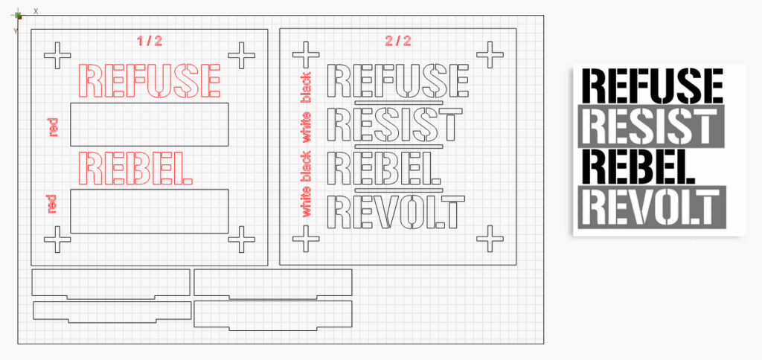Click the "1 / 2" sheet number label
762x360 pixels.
[150, 41]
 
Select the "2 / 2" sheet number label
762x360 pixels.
[398, 41]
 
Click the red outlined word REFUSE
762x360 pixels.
[149, 80]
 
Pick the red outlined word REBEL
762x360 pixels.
[135, 169]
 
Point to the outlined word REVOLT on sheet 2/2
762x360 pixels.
[396, 212]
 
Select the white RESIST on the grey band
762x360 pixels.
[649, 126]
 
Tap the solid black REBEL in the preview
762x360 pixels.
[638, 167]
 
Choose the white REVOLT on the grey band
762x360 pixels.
[650, 208]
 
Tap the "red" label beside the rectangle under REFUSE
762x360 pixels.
[53, 127]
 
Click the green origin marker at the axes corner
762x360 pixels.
[19, 16]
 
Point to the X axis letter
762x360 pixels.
[36, 10]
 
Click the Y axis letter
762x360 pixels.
[16, 31]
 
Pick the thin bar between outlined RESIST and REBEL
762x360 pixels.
[399, 146]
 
